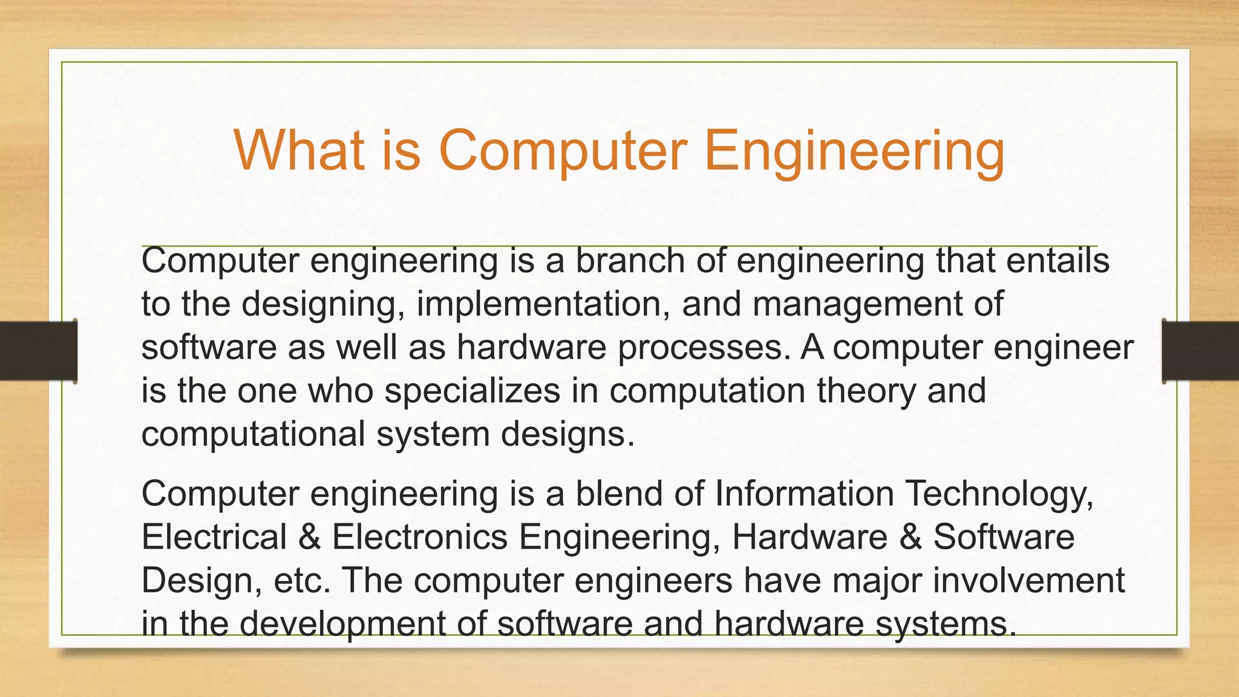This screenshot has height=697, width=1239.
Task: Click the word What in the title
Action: pos(299,150)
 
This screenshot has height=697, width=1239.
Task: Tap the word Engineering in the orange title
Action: pos(854,151)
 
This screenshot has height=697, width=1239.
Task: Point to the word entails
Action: pos(1059,261)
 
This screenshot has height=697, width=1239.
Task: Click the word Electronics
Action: pos(419,537)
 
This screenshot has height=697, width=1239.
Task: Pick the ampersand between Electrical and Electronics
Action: pos(309,537)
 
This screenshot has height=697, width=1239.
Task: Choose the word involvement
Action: pos(1028,580)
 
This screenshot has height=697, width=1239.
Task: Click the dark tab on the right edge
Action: pos(1200,351)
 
